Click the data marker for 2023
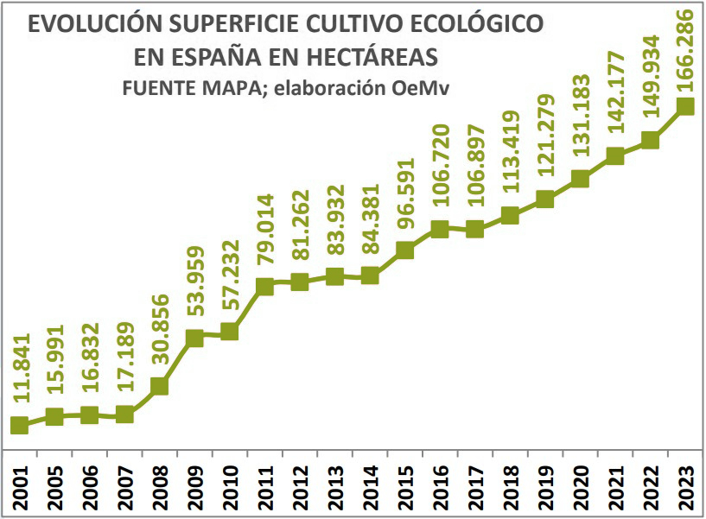686,106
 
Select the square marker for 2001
19,425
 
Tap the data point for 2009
194,338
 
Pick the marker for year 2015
404,250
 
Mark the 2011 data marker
264,286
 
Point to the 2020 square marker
580,179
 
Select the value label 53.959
195,287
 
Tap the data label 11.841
21,368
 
